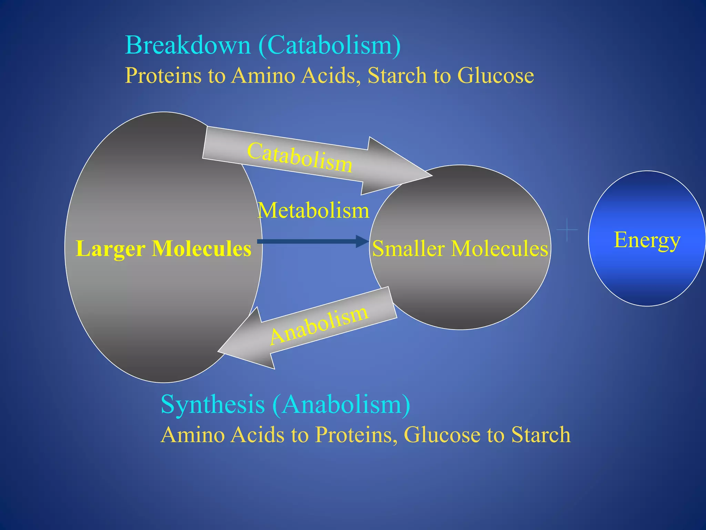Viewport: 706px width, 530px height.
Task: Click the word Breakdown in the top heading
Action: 188,45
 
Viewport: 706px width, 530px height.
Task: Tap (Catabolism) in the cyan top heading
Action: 330,45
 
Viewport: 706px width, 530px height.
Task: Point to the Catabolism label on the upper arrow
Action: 300,157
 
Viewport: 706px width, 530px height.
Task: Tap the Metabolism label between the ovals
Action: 313,210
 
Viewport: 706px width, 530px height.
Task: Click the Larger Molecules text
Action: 163,248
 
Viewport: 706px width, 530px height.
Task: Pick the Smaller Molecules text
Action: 460,248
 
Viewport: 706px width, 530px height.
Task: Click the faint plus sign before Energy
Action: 567,229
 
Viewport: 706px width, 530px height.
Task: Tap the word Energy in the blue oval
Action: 647,240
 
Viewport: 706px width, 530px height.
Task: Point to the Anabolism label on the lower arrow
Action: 319,325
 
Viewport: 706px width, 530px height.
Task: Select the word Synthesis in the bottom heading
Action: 213,404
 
